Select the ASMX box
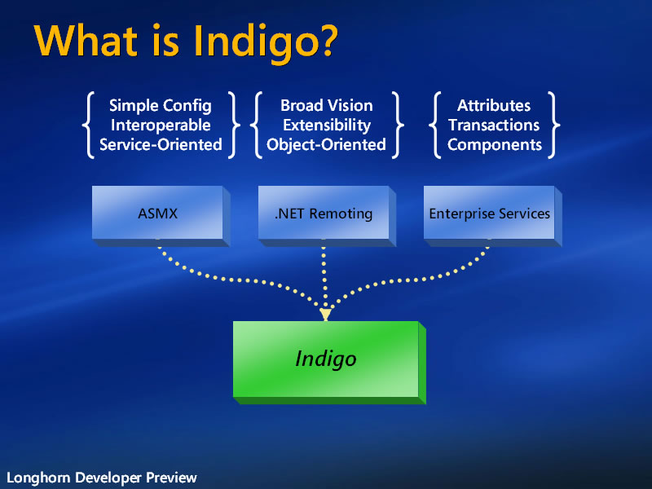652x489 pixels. click(157, 214)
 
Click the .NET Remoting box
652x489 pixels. click(324, 214)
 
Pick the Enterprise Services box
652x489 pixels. click(489, 214)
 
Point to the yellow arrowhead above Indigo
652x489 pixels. click(325, 315)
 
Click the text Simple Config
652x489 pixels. click(161, 105)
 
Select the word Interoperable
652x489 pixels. click(161, 125)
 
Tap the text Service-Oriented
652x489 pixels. click(161, 144)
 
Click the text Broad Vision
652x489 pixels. click(327, 105)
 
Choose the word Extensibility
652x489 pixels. click(327, 125)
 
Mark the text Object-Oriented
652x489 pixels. click(327, 144)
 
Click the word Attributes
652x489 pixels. click(494, 105)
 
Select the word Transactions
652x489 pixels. click(494, 125)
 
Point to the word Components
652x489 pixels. click(494, 144)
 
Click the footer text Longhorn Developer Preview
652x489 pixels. click(102, 478)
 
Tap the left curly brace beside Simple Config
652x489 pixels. click(87, 125)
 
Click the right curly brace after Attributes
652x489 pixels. click(554, 125)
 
